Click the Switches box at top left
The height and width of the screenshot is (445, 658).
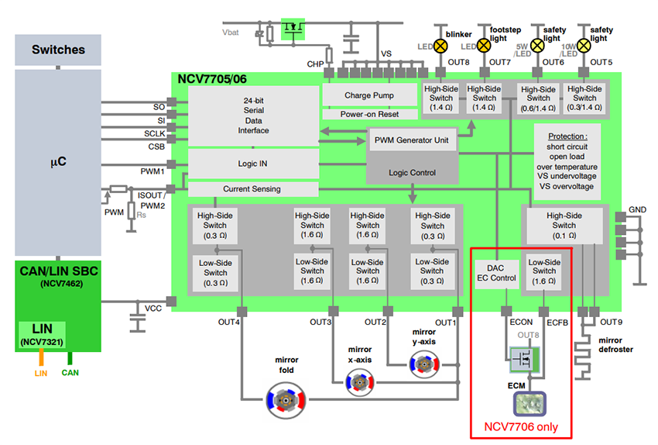[x=58, y=50]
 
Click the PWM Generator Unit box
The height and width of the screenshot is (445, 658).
[x=411, y=141]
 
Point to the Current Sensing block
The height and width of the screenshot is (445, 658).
[x=252, y=188]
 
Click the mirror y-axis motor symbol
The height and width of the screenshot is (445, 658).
[x=423, y=364]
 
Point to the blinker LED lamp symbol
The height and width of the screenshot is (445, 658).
[x=440, y=46]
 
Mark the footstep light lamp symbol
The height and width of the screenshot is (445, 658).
[x=484, y=46]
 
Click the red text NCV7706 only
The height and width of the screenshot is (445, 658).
[x=521, y=426]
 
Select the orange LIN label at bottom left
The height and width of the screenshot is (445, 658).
[x=41, y=373]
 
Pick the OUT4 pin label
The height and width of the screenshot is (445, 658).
[x=228, y=321]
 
